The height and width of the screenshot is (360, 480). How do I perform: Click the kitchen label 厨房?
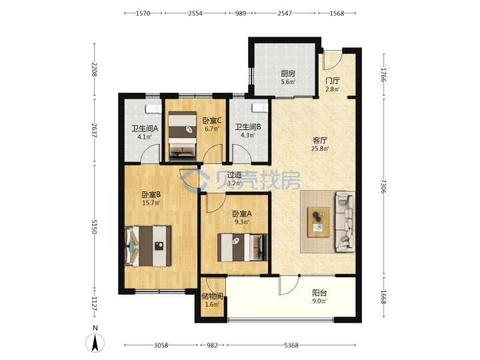[288, 74]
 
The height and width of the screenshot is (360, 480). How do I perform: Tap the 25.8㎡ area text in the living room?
[320, 149]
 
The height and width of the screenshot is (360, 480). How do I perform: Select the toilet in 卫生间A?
[154, 109]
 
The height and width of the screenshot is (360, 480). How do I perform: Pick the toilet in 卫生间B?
[260, 107]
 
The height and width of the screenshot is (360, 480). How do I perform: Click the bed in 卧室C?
[183, 136]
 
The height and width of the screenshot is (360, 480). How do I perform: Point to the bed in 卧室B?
[148, 246]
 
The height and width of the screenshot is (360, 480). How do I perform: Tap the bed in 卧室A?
[243, 247]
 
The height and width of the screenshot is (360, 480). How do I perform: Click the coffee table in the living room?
[319, 222]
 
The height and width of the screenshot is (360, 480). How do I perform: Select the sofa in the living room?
[345, 221]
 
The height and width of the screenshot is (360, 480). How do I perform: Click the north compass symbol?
[95, 341]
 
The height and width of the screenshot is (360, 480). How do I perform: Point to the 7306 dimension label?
[384, 186]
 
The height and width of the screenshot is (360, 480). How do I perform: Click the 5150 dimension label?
[94, 227]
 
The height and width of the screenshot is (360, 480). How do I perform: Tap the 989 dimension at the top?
[241, 13]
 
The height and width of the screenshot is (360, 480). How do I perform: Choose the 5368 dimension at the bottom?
[291, 345]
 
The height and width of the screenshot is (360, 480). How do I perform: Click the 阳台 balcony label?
[319, 293]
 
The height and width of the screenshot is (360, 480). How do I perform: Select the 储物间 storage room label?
[212, 296]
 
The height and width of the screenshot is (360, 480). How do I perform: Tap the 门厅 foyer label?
[333, 81]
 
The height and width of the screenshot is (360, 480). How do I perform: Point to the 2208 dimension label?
[94, 69]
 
